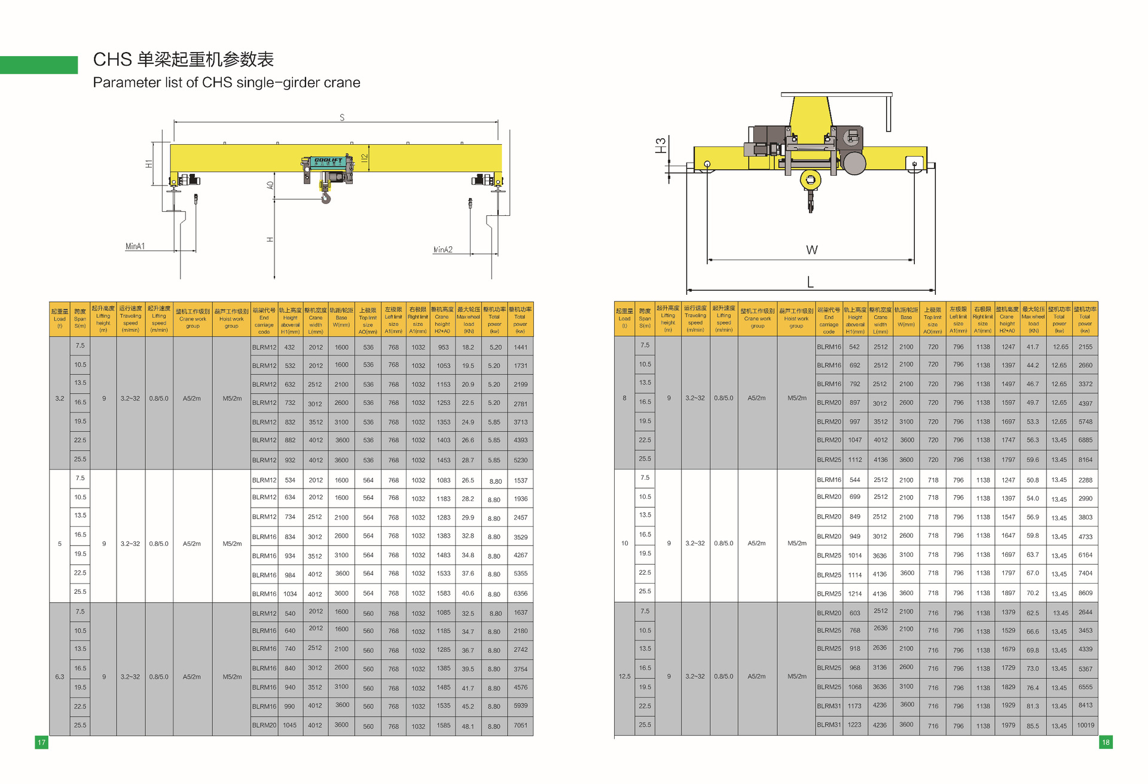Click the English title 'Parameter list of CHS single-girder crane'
tap(227, 83)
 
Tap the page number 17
tap(41, 742)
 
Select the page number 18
tap(1106, 742)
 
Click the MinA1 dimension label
tap(135, 246)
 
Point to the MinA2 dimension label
tap(442, 249)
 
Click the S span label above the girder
tap(342, 118)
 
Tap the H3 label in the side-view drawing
tap(661, 145)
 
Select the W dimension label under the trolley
tap(811, 250)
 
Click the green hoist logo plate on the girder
tap(328, 161)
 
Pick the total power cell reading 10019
tap(1085, 725)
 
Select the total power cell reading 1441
tap(520, 347)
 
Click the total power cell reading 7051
tap(520, 725)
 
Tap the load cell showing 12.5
tap(624, 676)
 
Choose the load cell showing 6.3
tap(60, 677)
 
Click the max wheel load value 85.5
tap(1033, 725)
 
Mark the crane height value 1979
tap(1008, 725)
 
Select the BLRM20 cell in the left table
tap(264, 725)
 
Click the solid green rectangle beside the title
tap(39, 65)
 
